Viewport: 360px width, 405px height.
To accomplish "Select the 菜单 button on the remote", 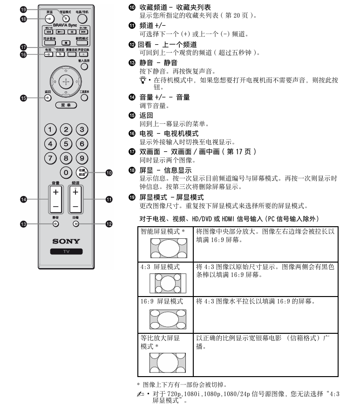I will click(66, 105).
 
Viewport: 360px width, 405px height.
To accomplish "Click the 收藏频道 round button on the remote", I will click(82, 172).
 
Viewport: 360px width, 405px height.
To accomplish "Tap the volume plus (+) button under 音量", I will click(55, 192).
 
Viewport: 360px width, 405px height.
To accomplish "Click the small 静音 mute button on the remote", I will click(55, 223).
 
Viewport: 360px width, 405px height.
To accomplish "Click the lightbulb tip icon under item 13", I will click(143, 80).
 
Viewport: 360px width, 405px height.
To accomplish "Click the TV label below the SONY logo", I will click(66, 251).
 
